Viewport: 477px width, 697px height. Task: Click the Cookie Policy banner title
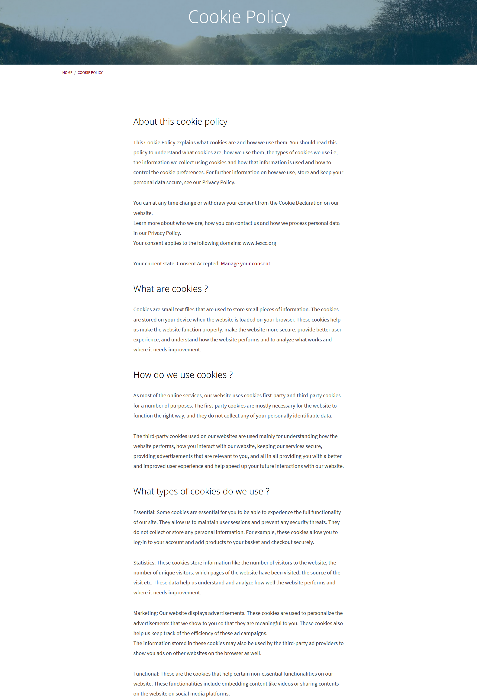coord(239,17)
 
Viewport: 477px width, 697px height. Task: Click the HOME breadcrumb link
coord(67,73)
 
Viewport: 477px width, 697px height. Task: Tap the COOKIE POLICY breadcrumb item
coord(90,73)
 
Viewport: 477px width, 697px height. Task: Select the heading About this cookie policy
coord(180,122)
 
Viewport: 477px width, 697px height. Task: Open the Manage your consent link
coord(246,264)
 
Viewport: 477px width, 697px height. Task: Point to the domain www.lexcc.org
coord(259,243)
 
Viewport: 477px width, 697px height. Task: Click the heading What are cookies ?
coord(170,289)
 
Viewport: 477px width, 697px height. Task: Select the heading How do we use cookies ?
coord(183,375)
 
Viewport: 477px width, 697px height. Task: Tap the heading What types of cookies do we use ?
coord(201,491)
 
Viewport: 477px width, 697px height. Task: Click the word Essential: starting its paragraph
coord(144,512)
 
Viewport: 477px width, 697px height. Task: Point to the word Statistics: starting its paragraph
coord(144,563)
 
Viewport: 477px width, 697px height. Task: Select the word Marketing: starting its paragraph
coord(145,613)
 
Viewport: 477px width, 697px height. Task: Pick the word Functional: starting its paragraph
coord(146,674)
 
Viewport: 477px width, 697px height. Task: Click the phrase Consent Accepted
coord(198,264)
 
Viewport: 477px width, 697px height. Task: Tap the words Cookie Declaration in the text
coord(300,203)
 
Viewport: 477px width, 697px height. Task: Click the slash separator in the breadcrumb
coord(75,73)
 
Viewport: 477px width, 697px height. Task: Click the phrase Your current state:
coord(154,264)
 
